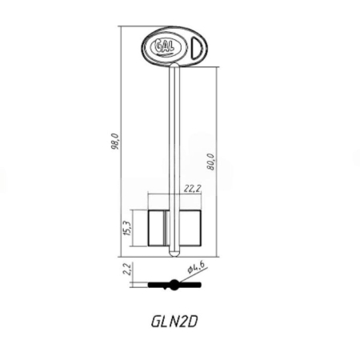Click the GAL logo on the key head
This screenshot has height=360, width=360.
164,46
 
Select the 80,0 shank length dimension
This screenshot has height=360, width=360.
210,160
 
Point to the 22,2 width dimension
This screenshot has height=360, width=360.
192,189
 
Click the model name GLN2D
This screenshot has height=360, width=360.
174,322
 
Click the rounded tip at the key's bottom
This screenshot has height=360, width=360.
173,254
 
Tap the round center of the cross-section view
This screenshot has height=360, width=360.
173,284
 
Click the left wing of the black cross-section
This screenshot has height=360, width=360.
158,284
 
